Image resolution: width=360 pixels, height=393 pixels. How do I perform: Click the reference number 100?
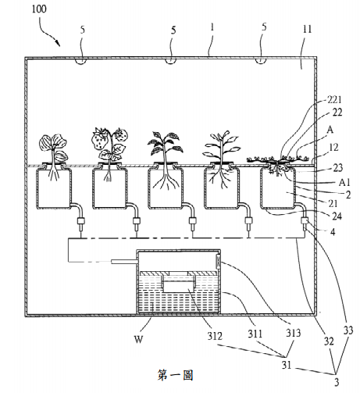[39, 9]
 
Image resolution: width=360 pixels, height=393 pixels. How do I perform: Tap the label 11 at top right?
[307, 29]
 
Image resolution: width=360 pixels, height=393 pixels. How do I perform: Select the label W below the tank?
[138, 339]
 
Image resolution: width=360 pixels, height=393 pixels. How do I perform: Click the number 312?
[215, 336]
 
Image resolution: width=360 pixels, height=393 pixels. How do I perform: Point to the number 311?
[255, 334]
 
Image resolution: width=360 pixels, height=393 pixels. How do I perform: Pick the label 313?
[294, 333]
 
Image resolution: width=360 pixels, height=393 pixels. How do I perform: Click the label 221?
[334, 99]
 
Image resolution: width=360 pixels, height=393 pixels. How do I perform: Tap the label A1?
[344, 183]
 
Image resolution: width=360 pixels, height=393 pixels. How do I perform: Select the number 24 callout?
[337, 216]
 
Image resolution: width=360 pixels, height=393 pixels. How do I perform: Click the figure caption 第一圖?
[176, 375]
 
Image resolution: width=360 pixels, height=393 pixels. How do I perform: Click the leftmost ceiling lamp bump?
[80, 61]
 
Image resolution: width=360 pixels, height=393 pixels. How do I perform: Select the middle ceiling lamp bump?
[170, 61]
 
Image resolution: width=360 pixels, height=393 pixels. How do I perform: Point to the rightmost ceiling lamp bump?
[261, 61]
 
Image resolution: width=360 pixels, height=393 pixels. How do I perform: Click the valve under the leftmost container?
[81, 222]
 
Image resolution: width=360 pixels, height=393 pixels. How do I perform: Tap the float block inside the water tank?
[179, 284]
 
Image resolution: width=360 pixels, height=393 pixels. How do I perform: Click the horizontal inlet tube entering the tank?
[124, 262]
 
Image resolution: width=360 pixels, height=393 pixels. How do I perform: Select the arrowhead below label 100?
[58, 43]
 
